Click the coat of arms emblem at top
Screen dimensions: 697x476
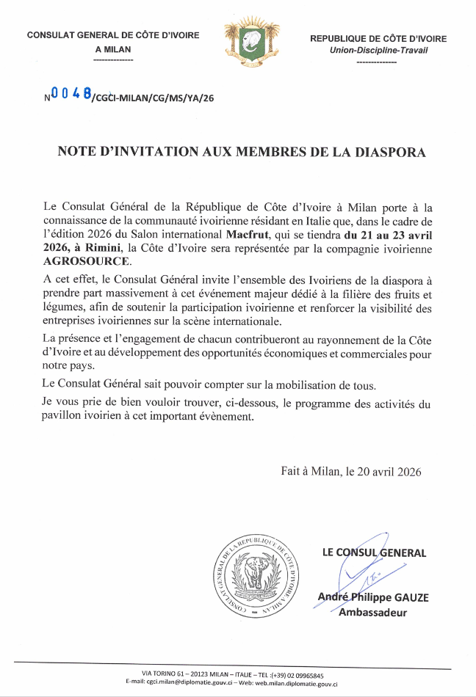pos(243,43)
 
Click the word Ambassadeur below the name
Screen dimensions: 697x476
pos(372,613)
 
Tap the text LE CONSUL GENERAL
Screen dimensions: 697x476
pos(374,552)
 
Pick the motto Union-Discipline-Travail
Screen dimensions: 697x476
pos(378,50)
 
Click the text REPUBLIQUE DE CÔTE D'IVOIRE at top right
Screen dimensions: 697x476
pos(378,38)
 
